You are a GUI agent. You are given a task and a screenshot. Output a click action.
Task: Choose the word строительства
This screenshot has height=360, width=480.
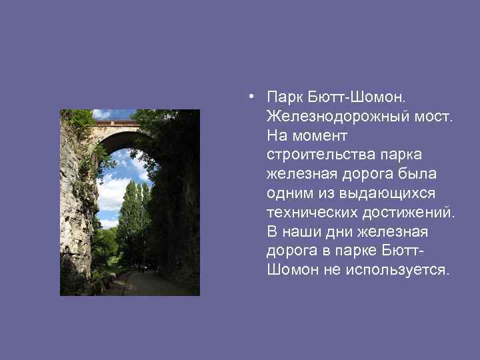click(x=318, y=155)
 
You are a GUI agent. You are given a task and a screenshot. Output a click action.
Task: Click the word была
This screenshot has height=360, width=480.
click(x=420, y=175)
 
